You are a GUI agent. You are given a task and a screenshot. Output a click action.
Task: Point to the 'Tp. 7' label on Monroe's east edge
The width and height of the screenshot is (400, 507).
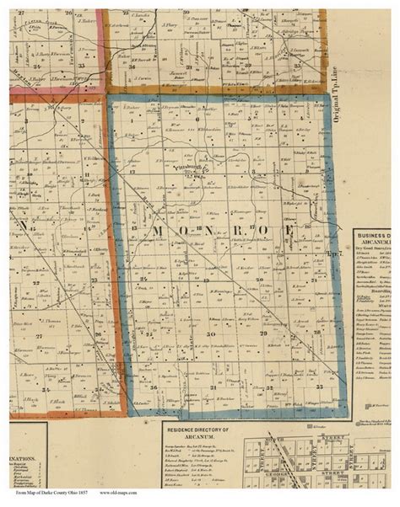pos(332,250)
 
